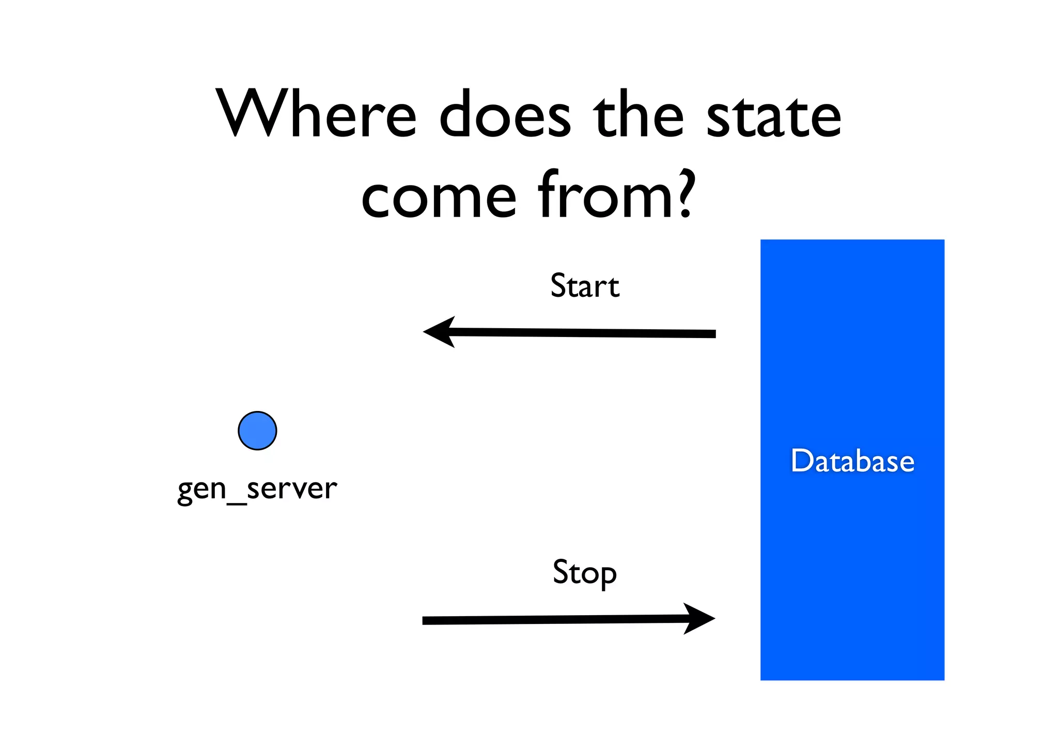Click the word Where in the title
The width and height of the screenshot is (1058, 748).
click(316, 115)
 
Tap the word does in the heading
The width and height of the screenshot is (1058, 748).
click(505, 115)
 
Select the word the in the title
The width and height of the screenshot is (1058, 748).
click(639, 115)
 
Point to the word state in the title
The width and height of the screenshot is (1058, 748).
click(773, 115)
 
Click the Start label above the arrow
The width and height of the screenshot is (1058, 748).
click(584, 286)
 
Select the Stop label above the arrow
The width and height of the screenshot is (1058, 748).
click(584, 572)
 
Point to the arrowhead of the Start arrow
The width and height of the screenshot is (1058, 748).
click(440, 332)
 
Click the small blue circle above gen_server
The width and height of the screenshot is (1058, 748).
click(257, 431)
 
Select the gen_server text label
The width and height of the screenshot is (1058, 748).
click(257, 488)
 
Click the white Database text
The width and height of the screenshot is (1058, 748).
click(852, 461)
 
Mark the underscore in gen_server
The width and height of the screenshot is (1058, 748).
click(237, 502)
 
